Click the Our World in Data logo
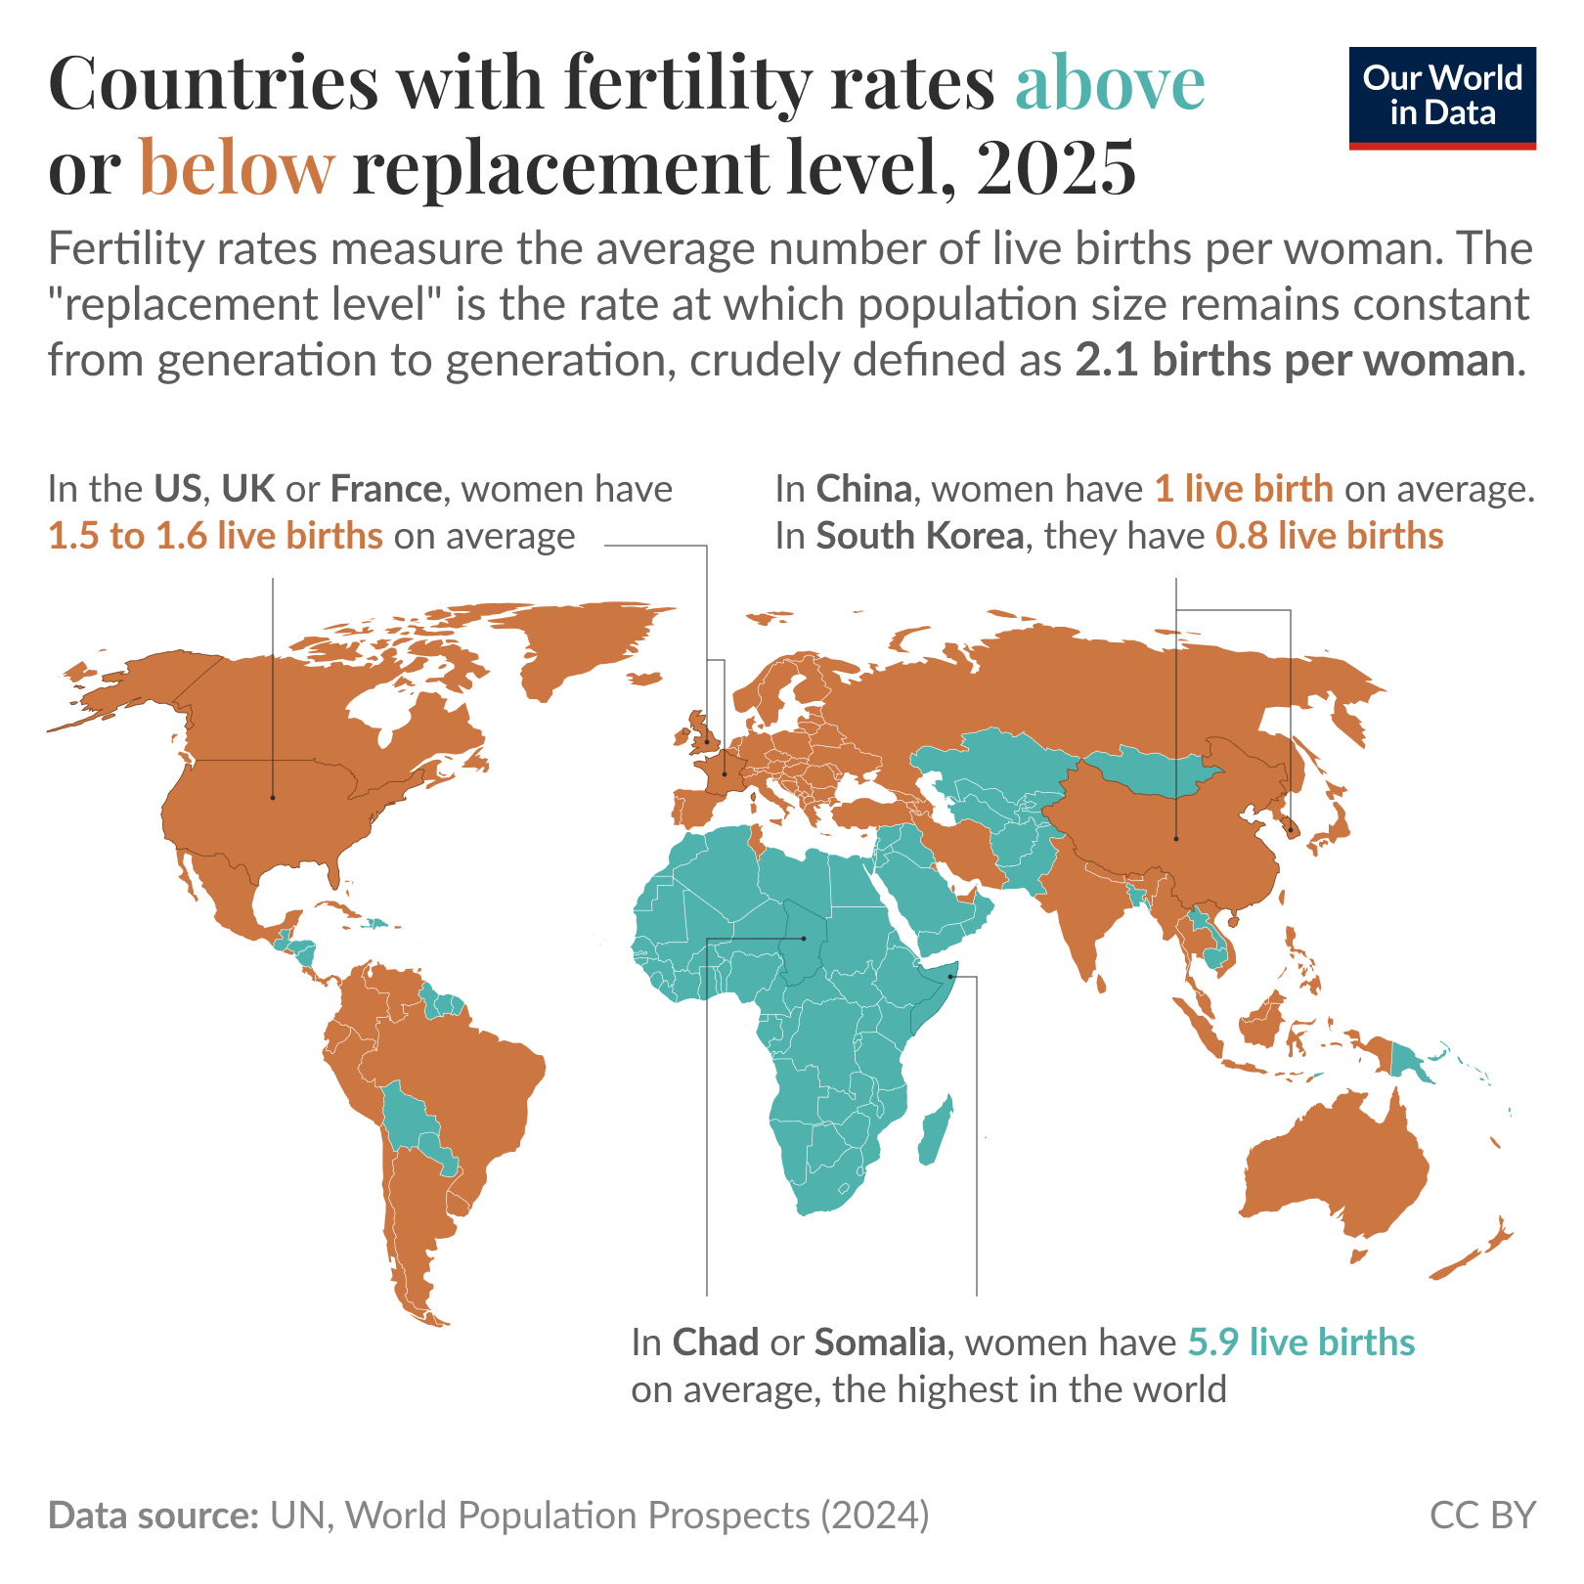click(1441, 97)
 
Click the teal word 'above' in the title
click(1110, 82)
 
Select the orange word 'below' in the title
click(238, 166)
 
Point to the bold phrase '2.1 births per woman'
click(1297, 361)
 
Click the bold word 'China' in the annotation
click(864, 488)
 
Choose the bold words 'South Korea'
click(920, 536)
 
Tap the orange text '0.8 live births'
click(1329, 536)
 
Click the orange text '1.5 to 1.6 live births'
click(215, 536)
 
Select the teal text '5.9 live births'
click(1301, 1342)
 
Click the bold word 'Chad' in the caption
click(716, 1342)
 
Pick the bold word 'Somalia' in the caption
click(879, 1342)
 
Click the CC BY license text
click(1482, 1515)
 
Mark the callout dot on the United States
click(273, 797)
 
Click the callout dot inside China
click(1176, 838)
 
